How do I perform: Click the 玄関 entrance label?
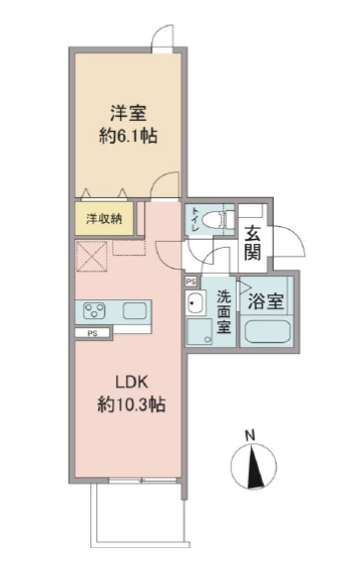(254, 243)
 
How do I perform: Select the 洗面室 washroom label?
(224, 310)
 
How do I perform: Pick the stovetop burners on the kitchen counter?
(94, 310)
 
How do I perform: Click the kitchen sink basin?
(135, 311)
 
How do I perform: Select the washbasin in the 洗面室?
(196, 305)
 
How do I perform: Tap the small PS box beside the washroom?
(190, 282)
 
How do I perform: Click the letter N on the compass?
(251, 434)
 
